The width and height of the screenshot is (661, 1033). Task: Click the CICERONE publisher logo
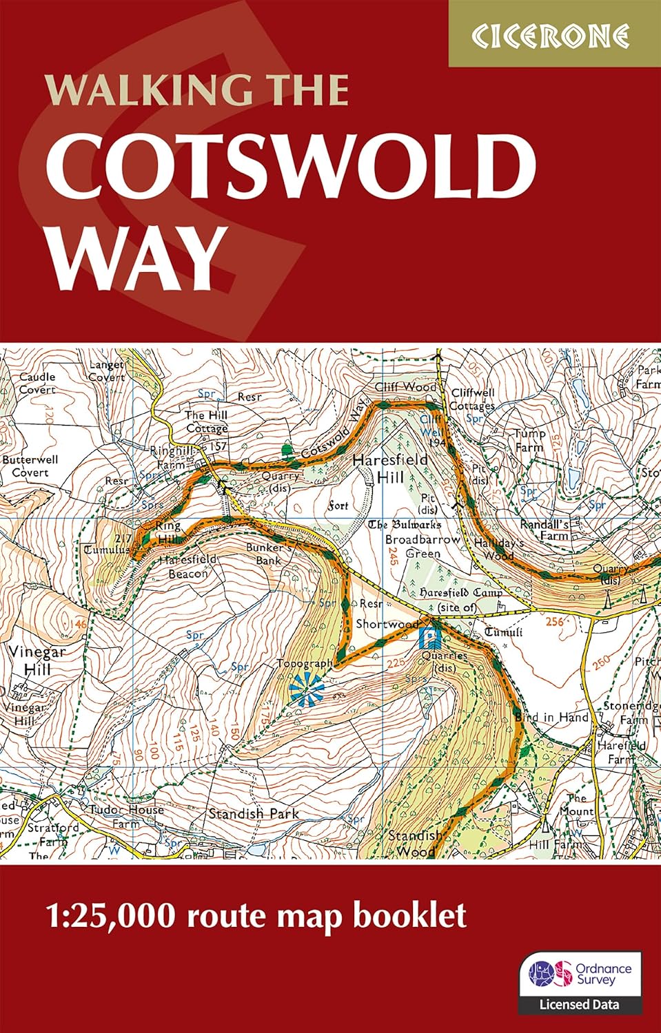point(554,35)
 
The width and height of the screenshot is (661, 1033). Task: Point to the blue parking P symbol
point(430,639)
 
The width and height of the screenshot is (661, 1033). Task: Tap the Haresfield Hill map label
point(389,468)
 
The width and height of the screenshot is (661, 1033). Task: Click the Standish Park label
point(254,813)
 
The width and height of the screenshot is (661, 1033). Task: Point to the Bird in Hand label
point(551,717)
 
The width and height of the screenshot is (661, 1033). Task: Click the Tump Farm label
point(529,440)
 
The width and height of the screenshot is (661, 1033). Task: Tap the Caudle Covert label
point(37,383)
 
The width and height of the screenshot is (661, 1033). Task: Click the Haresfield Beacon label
point(187,566)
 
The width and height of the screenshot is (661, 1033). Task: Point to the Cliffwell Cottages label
point(472,399)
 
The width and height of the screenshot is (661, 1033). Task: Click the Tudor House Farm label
point(126,816)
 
